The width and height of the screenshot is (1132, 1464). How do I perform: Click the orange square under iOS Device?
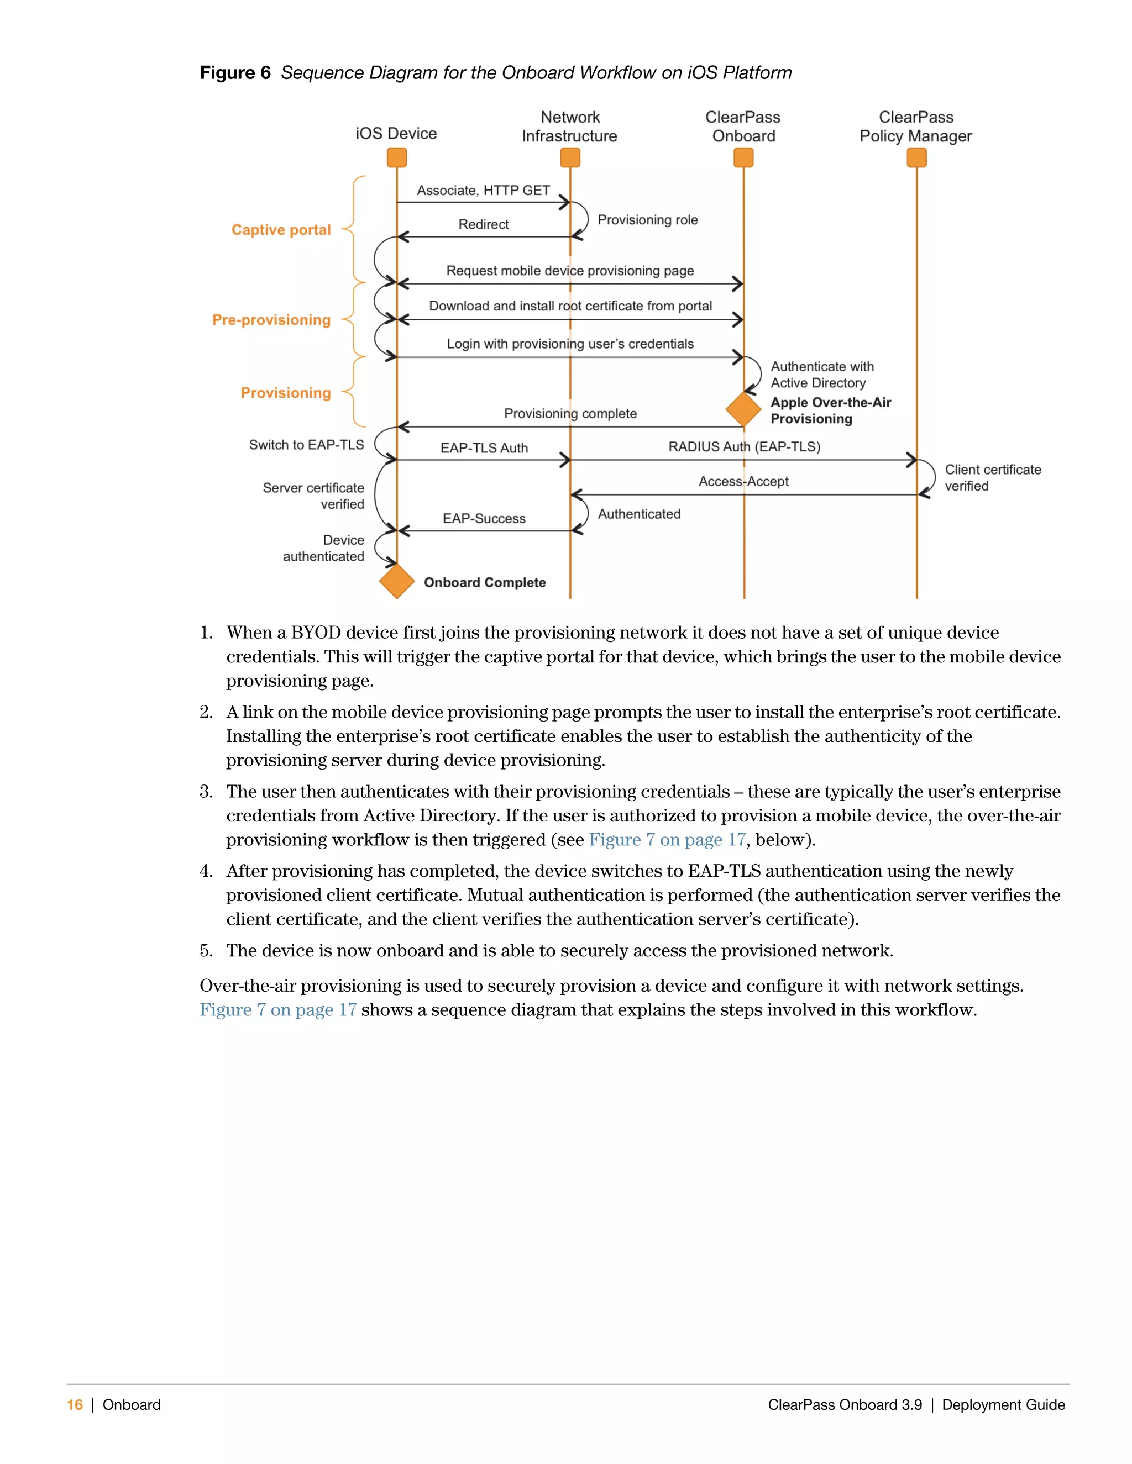[x=397, y=158]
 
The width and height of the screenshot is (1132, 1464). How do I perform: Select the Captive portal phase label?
[x=281, y=230]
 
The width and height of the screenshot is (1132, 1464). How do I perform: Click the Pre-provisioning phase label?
[x=271, y=320]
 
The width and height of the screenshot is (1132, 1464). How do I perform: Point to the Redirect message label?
[x=484, y=224]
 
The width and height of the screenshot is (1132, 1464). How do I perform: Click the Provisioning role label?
[x=647, y=220]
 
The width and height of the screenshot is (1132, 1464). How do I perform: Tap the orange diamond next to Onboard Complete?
[x=397, y=581]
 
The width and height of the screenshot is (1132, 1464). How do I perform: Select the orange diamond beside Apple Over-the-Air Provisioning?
[x=744, y=409]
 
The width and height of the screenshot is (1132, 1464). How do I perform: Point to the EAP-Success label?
[x=484, y=519]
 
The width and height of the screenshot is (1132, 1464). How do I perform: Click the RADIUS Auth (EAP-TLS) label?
[x=744, y=447]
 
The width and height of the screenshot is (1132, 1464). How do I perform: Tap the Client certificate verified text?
[x=993, y=478]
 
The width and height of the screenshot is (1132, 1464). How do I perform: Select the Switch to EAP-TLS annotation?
[x=306, y=445]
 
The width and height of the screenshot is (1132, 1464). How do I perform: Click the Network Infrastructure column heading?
[x=569, y=127]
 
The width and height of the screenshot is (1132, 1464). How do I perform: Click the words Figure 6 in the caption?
[x=235, y=73]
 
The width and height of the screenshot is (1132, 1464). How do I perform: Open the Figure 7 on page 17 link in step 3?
[x=667, y=840]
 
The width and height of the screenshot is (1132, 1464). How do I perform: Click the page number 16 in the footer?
[x=75, y=1405]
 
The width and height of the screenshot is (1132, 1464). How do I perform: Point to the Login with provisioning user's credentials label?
[x=570, y=344]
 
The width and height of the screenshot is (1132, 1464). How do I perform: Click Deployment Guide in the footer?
[x=1003, y=1405]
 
